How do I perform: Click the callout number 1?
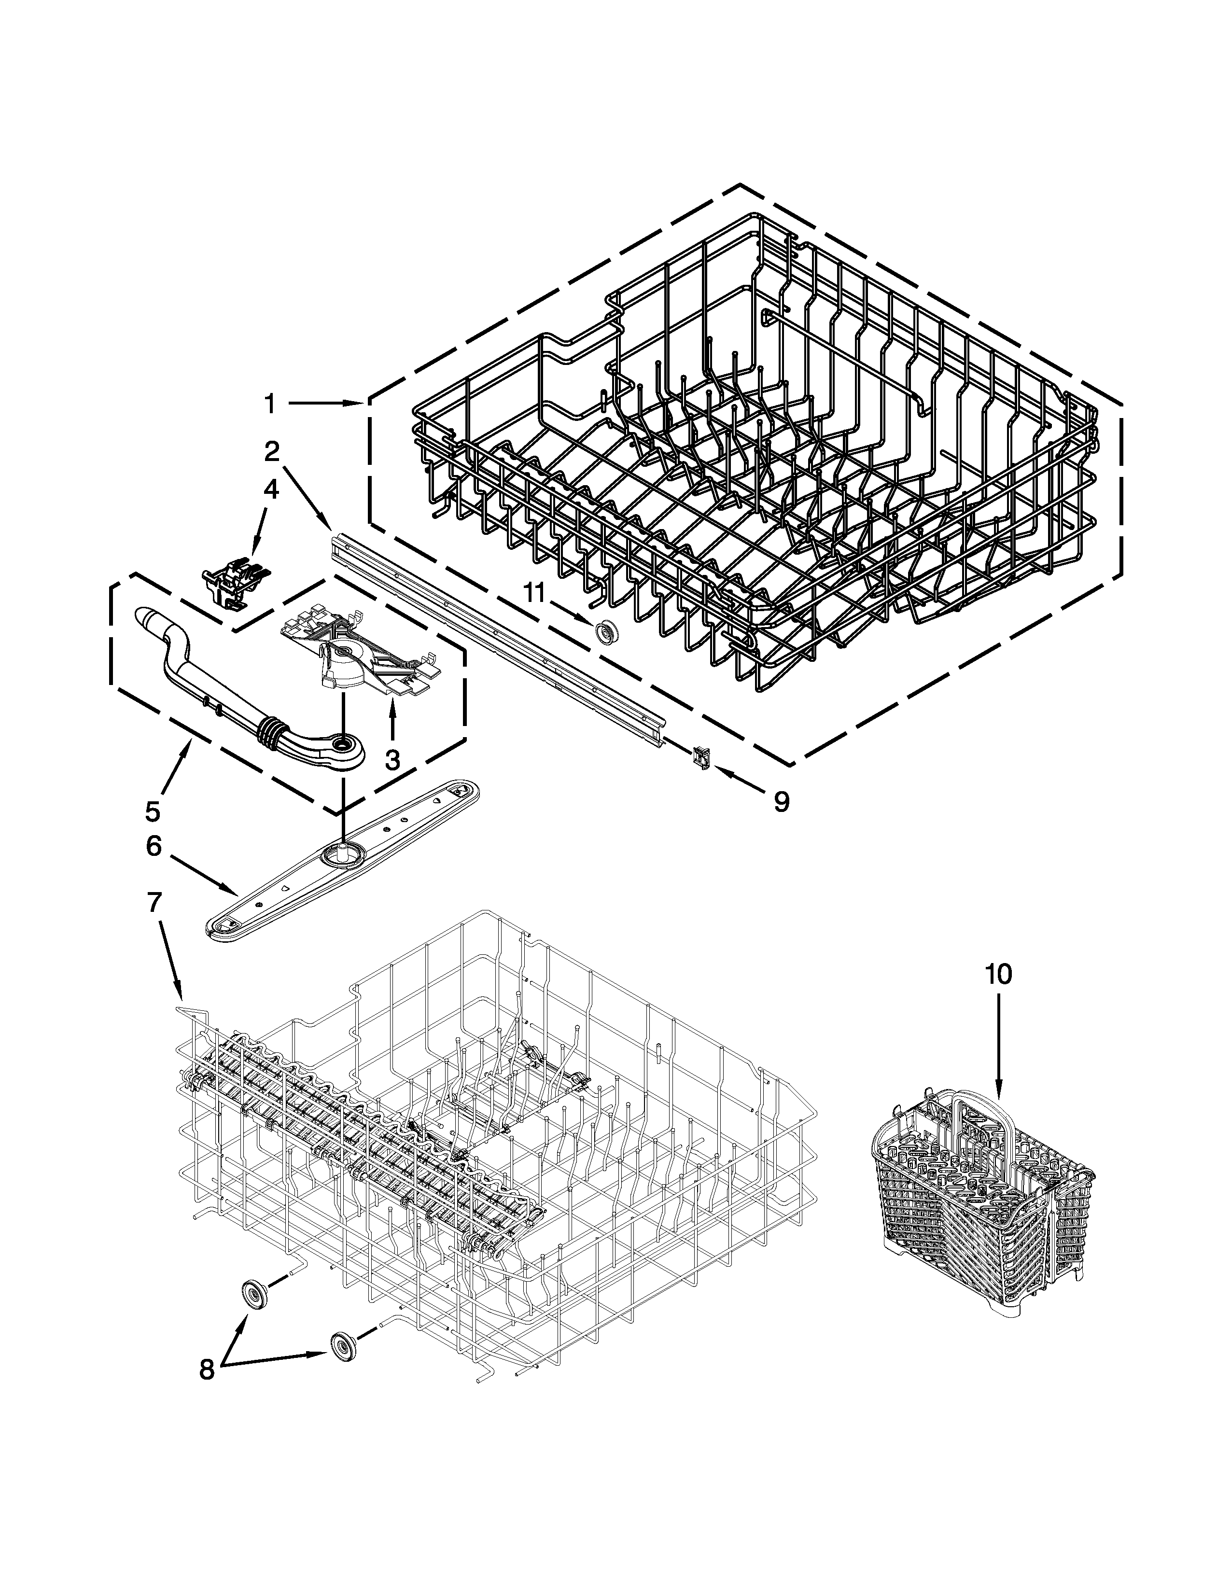coord(270,404)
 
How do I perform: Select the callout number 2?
coord(271,452)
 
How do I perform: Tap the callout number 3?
coord(392,760)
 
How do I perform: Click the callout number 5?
coord(153,810)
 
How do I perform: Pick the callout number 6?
coord(153,846)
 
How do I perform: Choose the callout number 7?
coord(153,903)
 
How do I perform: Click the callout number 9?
coord(781,802)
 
